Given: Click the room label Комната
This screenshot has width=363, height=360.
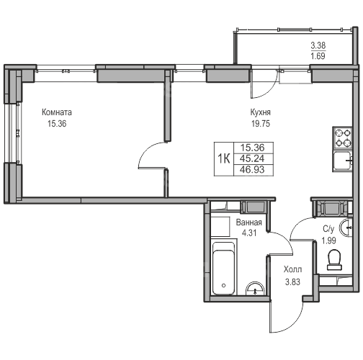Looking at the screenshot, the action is click(57, 112).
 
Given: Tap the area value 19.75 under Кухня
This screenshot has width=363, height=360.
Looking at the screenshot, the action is click(261, 124).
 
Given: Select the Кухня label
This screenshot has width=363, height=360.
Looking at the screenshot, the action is click(261, 112).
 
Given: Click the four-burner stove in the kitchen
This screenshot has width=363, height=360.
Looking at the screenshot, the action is click(342, 138).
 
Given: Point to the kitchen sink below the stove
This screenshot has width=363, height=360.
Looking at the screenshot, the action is click(342, 161).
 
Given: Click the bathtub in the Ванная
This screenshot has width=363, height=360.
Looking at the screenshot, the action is click(224, 269).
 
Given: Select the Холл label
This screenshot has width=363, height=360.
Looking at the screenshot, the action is click(292, 270).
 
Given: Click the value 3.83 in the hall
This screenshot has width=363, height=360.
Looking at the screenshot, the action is click(292, 282).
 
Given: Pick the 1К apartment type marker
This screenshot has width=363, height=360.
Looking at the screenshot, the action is click(224, 158).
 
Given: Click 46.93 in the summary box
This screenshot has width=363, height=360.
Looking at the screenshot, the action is click(252, 169).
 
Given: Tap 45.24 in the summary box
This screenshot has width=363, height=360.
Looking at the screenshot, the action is click(252, 158).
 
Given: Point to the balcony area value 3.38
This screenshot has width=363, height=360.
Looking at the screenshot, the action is click(318, 45).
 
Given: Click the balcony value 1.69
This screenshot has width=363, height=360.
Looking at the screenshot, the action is click(318, 56).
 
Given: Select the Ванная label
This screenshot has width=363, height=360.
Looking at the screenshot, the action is click(249, 222).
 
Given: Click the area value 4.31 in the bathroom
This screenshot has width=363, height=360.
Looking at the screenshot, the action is click(249, 233).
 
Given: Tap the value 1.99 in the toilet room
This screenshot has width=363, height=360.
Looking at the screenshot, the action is click(328, 240).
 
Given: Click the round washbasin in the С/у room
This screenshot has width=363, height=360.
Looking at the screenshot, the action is click(346, 228).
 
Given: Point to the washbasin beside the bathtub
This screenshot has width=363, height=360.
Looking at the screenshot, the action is click(255, 289).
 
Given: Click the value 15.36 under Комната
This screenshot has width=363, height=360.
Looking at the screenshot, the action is click(57, 124).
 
